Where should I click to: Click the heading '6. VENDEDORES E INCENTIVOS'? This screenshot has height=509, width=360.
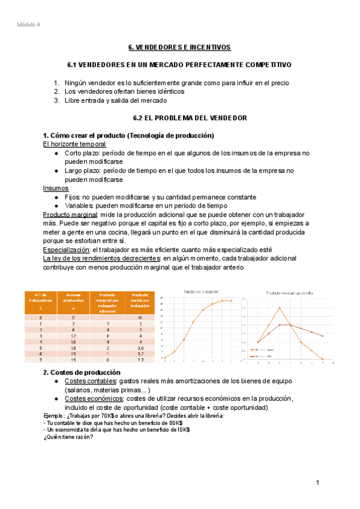[x=179, y=47]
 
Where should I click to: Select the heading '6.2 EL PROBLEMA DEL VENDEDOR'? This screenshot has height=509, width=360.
[x=179, y=118]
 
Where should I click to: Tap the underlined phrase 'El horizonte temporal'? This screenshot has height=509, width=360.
[x=75, y=144]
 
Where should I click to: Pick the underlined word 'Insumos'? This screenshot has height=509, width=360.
[x=55, y=188]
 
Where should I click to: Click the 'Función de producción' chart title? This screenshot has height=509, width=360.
[x=202, y=291]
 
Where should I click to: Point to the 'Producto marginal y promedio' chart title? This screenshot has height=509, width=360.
[x=290, y=292]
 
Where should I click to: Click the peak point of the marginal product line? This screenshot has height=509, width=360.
[x=280, y=308]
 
